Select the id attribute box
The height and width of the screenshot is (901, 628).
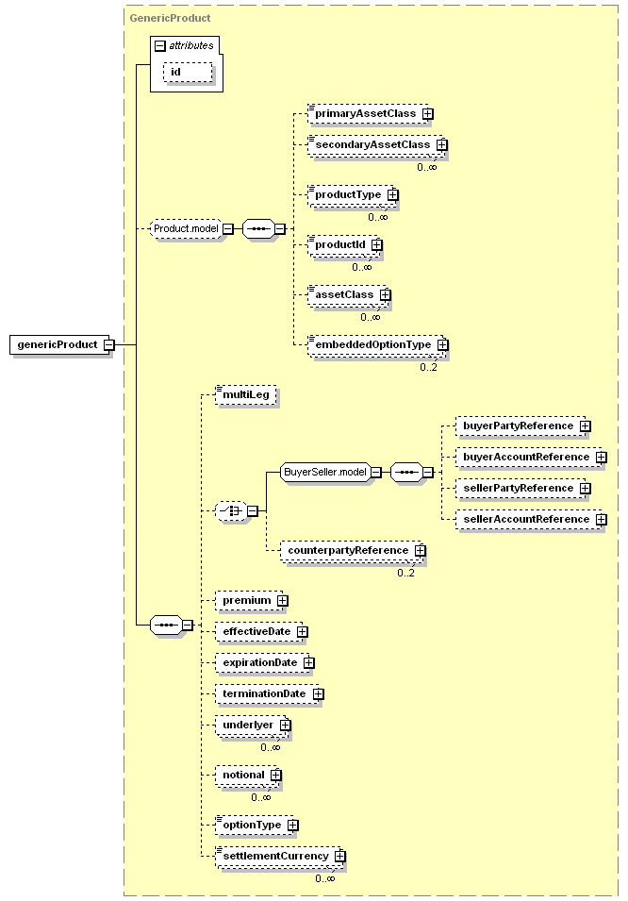(x=188, y=73)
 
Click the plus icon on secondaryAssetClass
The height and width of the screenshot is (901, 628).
(x=441, y=144)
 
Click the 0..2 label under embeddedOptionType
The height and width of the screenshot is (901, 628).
(x=428, y=367)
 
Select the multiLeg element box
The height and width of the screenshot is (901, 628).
(x=246, y=394)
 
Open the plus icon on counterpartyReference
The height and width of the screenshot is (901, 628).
(x=420, y=550)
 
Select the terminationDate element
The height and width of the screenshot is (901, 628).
(x=267, y=694)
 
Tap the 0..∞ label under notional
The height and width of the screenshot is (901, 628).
(x=261, y=797)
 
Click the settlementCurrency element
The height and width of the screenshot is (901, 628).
(x=278, y=856)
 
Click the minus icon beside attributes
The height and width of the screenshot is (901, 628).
(x=160, y=46)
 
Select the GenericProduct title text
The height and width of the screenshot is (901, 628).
(x=170, y=18)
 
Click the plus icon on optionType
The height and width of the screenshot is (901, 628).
(x=293, y=826)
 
